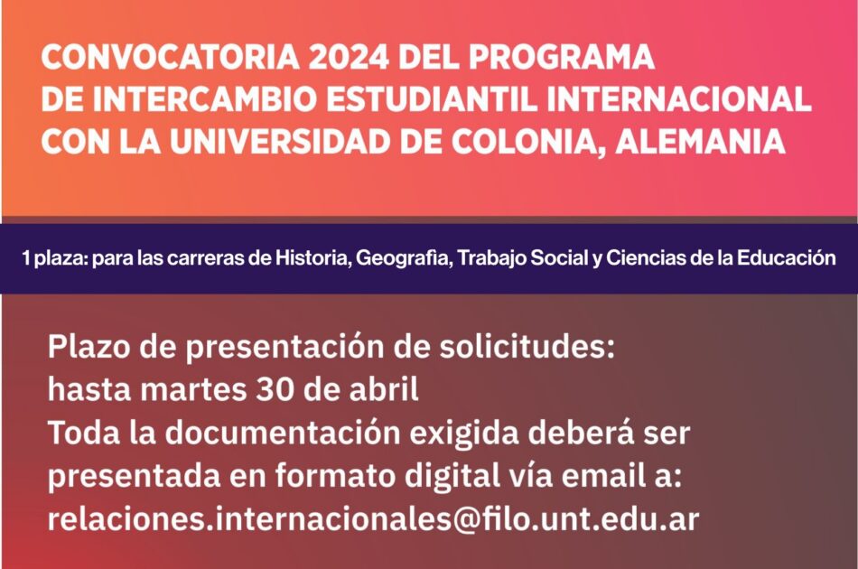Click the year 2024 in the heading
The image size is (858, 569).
pyautogui.click(x=349, y=57)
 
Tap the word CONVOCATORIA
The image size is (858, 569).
pyautogui.click(x=170, y=57)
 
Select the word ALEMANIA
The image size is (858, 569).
pyautogui.click(x=701, y=141)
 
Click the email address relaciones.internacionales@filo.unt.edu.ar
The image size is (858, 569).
pyautogui.click(x=373, y=519)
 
